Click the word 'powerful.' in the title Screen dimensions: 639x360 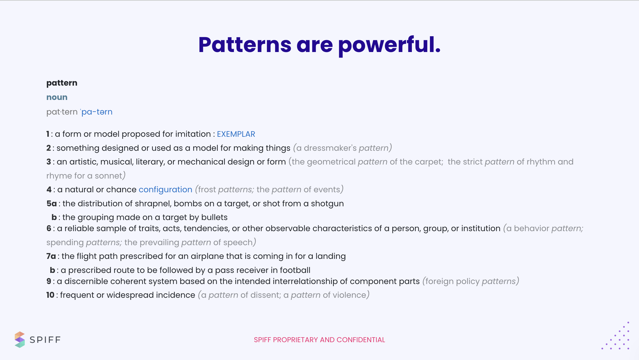pos(389,45)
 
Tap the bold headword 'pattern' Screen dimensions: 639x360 pos(62,83)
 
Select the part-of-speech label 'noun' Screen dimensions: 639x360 pos(57,97)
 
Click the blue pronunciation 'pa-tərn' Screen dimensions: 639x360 pos(96,112)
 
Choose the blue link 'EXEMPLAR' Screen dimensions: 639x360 pos(236,134)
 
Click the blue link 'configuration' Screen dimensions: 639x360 pos(165,190)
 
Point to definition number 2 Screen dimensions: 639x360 pos(49,148)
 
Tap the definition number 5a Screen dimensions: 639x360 pos(51,204)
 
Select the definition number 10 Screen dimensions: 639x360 pos(50,295)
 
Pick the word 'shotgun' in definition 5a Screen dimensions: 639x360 pos(327,204)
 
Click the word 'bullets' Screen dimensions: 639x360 pos(214,217)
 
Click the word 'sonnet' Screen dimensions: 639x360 pos(108,176)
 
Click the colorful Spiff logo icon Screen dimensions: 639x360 pos(20,340)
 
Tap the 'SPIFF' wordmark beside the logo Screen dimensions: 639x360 pos(45,340)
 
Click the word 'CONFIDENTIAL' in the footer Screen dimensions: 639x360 pos(361,340)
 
